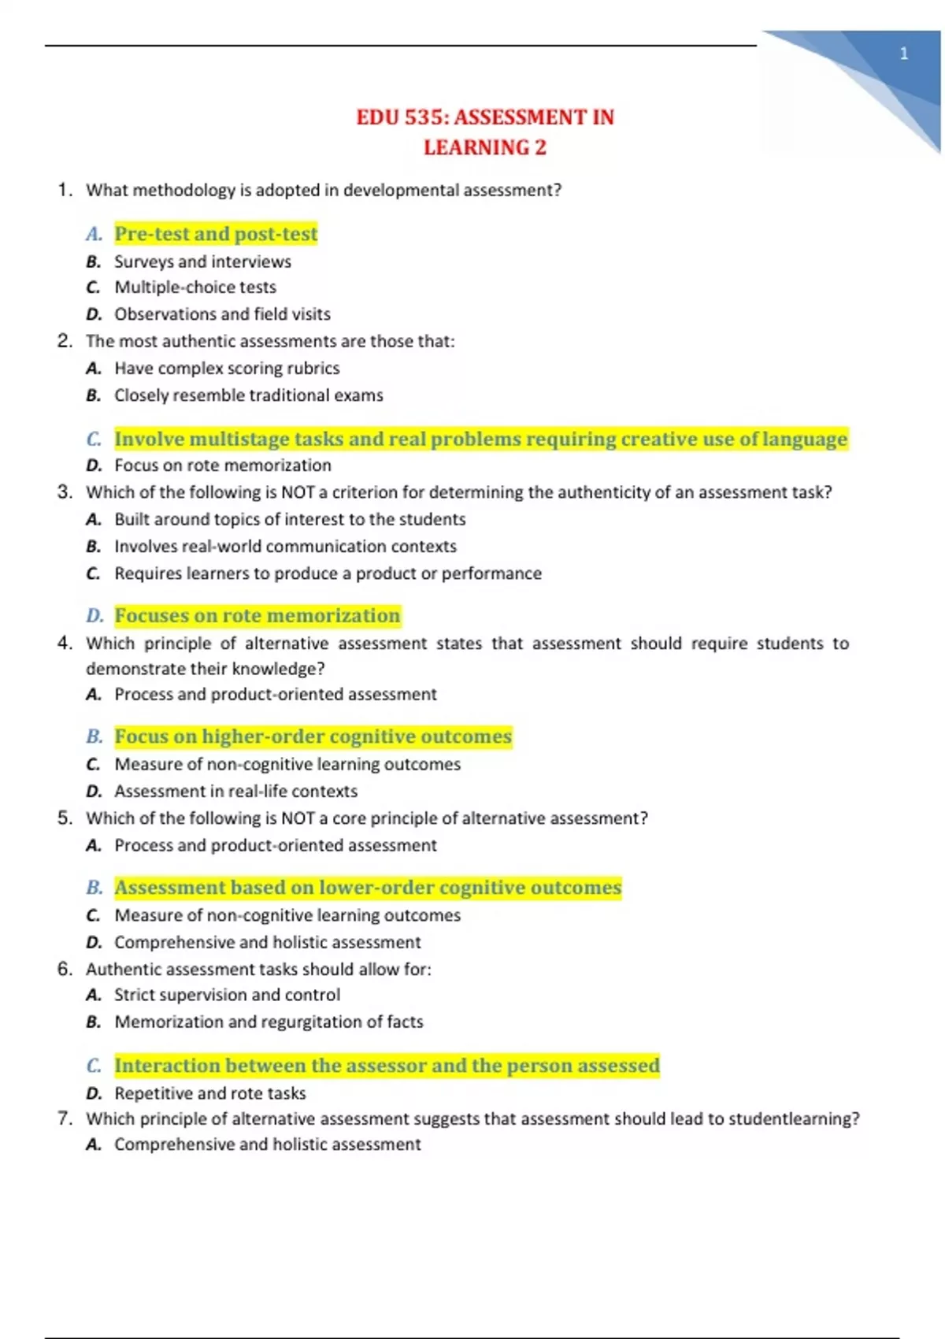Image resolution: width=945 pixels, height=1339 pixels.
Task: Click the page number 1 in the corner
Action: point(904,54)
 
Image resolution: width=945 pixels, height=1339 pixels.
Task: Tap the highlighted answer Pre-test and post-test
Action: point(216,234)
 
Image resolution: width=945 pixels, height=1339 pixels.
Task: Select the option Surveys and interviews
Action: point(202,261)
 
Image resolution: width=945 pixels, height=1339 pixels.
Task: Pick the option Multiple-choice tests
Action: point(195,287)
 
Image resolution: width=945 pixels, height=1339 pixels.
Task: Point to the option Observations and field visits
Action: point(222,314)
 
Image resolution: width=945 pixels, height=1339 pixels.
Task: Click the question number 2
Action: point(65,341)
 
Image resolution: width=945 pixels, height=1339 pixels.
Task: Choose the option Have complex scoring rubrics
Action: point(227,369)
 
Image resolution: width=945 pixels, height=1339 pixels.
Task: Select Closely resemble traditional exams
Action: point(249,395)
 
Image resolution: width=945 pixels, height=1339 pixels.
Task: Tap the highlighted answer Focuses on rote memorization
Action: point(258,616)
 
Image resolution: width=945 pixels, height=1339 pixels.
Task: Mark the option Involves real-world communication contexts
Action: point(285,547)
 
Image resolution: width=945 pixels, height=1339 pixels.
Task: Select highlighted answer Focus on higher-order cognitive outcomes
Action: point(313,736)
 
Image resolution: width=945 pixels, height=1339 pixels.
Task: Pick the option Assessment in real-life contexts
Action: point(235,791)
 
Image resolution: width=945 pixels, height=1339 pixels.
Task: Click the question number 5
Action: point(65,818)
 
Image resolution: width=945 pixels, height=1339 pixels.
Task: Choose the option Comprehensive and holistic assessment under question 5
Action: point(267,942)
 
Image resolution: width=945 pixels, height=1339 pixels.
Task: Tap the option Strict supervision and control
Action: point(227,995)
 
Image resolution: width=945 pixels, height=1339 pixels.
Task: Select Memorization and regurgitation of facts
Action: point(269,1022)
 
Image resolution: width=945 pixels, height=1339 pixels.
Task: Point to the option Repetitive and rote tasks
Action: point(209,1093)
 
